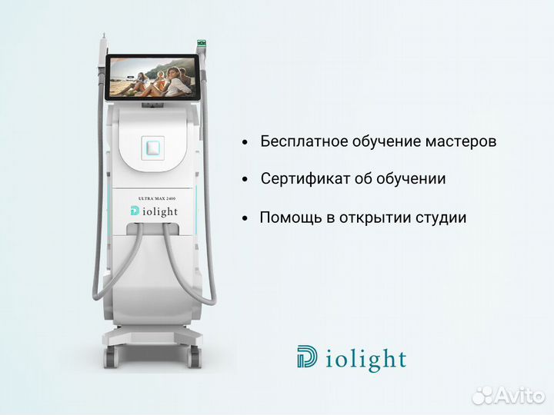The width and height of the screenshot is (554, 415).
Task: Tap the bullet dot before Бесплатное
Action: [245, 143]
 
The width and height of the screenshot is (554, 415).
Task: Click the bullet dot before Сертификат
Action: [245, 180]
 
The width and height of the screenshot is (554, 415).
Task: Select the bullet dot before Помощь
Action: [245, 218]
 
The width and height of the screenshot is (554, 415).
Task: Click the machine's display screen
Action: [153, 76]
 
